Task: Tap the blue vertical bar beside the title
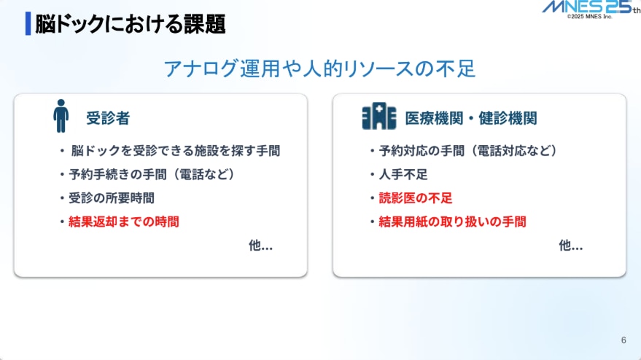coord(28,23)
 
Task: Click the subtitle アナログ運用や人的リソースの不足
coord(319,69)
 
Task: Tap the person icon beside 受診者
coord(61,117)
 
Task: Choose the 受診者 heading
coord(108,118)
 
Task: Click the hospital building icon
coord(379,117)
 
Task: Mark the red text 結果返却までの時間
coord(123,221)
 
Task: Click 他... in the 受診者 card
coord(260,246)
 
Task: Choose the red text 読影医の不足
coord(416,197)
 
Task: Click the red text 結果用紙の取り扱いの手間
coord(452,221)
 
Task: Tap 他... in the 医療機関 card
coord(570,246)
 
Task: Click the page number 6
coord(623,340)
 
